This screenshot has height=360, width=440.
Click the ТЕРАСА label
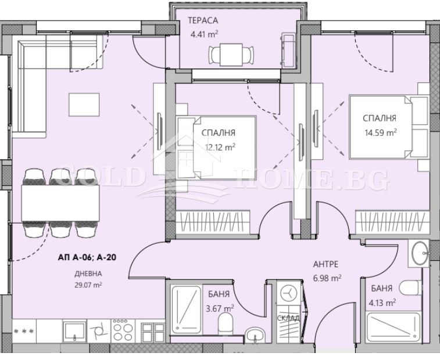coord(203,20)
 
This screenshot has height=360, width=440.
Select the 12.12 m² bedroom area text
coord(220,147)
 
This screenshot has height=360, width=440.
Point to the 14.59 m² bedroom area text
coord(380,132)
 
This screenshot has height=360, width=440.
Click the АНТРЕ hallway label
coord(325,264)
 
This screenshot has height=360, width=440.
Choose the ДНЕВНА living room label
coord(88,274)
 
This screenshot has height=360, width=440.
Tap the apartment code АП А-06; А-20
coord(87,257)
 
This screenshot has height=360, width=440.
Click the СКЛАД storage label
coord(288,318)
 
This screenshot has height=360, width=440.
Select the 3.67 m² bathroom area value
coord(220,309)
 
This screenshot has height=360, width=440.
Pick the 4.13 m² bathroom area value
coord(382,303)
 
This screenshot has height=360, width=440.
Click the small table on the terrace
coord(231,55)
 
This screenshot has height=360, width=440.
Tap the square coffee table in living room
coord(84,105)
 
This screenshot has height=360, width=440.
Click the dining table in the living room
coord(60,203)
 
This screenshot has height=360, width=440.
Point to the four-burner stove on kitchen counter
coord(123,330)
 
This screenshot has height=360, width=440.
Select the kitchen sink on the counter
coord(74,332)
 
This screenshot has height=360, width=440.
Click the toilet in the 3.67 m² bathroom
coord(226,323)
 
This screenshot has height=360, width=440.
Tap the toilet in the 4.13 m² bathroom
coord(410,288)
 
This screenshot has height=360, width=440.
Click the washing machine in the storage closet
coord(288,294)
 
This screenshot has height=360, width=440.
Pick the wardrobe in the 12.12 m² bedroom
coord(212,221)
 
